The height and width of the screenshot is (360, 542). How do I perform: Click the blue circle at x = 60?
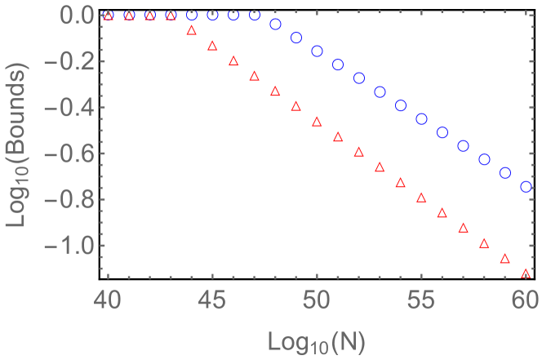(526, 187)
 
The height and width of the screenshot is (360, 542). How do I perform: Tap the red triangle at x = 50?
(318, 121)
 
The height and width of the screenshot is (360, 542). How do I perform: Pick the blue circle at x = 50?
(318, 51)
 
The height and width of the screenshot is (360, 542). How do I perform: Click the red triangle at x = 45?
(212, 46)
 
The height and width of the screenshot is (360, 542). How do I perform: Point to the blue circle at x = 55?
(422, 119)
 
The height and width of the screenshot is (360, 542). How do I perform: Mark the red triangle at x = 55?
(422, 198)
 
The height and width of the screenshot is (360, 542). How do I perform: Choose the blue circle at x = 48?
(275, 24)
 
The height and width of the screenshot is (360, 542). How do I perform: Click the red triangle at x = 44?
(192, 30)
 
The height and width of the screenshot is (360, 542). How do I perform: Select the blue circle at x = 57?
(464, 146)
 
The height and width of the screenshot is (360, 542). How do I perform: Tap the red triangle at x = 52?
(359, 152)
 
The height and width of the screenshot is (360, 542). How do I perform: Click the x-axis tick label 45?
(212, 300)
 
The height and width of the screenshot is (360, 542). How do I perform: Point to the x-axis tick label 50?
(318, 300)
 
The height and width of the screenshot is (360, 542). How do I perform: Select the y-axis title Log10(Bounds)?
(20, 143)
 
